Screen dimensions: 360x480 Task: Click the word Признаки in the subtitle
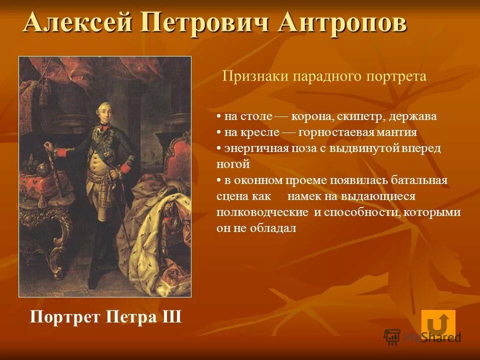coord(254,76)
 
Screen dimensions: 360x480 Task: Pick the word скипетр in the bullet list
coord(356,116)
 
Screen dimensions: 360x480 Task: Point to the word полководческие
coord(262,212)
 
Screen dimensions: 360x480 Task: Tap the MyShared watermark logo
coord(422,336)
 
